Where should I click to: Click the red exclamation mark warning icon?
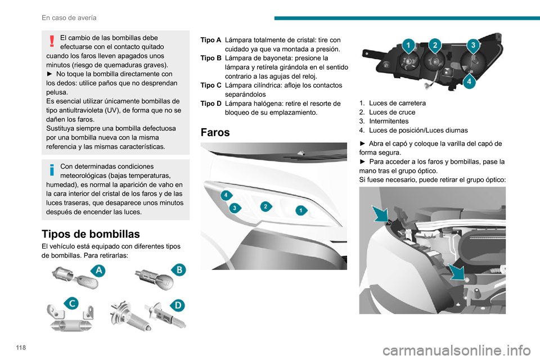(52, 41)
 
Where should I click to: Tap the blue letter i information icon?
(52, 170)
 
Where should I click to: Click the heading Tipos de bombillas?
(91, 234)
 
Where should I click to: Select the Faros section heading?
(215, 132)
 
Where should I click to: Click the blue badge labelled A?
(98, 271)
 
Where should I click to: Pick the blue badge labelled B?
(179, 269)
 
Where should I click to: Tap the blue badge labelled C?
(72, 303)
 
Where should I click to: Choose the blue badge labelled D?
(178, 305)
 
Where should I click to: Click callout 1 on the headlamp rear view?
(408, 46)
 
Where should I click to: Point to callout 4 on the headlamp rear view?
(469, 82)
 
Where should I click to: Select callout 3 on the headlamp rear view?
(473, 45)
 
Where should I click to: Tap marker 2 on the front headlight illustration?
(265, 206)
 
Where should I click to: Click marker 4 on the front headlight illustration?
(226, 195)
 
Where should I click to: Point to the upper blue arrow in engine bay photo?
(381, 214)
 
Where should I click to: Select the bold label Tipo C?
(211, 85)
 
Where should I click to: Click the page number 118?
(21, 347)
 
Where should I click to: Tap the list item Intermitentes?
(389, 121)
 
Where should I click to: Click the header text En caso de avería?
(69, 17)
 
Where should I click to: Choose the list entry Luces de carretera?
(398, 103)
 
